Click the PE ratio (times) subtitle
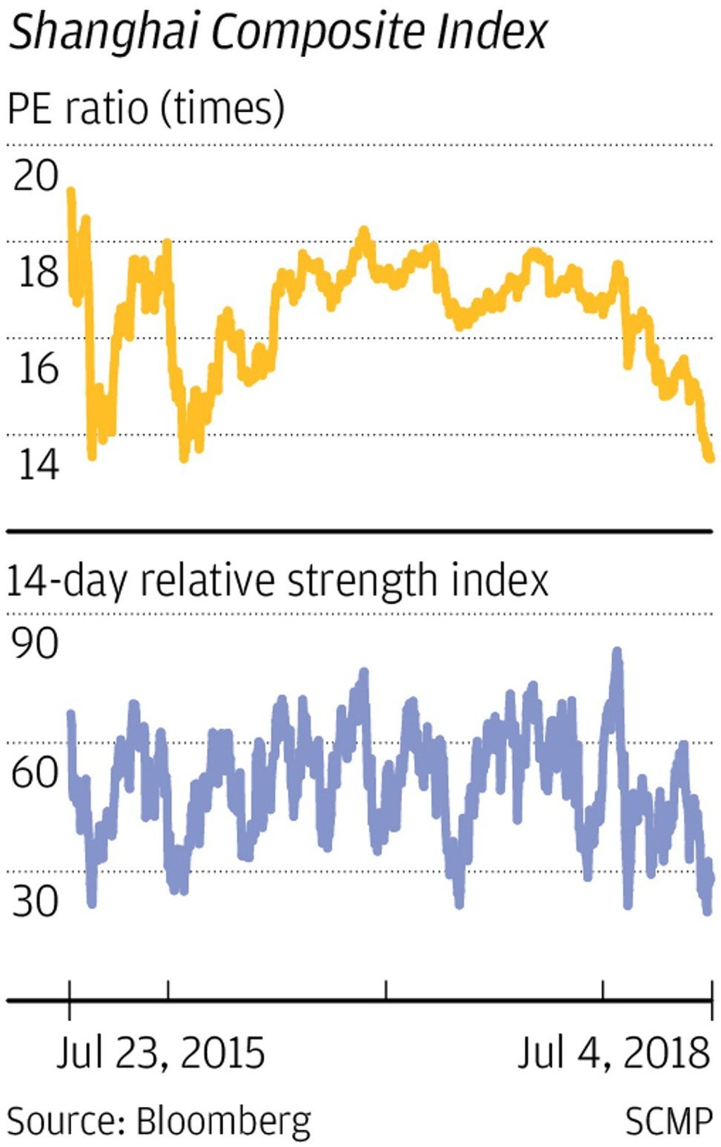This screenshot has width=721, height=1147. pyautogui.click(x=146, y=109)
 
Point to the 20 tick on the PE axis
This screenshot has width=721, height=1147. pyautogui.click(x=35, y=175)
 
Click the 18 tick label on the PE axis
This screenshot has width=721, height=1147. pyautogui.click(x=37, y=271)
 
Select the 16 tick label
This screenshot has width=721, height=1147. pyautogui.click(x=37, y=367)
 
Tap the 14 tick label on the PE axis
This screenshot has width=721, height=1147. pyautogui.click(x=37, y=464)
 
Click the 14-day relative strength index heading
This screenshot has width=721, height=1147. pyautogui.click(x=277, y=581)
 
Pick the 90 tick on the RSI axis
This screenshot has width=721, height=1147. pyautogui.click(x=35, y=643)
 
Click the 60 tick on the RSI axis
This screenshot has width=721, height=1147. pyautogui.click(x=35, y=772)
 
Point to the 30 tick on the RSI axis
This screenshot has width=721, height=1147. pyautogui.click(x=35, y=900)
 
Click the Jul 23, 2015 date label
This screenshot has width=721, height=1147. pyautogui.click(x=161, y=1053)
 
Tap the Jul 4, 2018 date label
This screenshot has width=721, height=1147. pyautogui.click(x=613, y=1053)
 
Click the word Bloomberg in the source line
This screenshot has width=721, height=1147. pyautogui.click(x=223, y=1120)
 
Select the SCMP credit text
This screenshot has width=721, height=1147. pyautogui.click(x=669, y=1120)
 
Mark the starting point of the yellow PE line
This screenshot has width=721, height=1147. pyautogui.click(x=70, y=190)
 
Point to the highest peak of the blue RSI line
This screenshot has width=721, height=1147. pyautogui.click(x=617, y=652)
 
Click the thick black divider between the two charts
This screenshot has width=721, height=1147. pyautogui.click(x=359, y=531)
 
